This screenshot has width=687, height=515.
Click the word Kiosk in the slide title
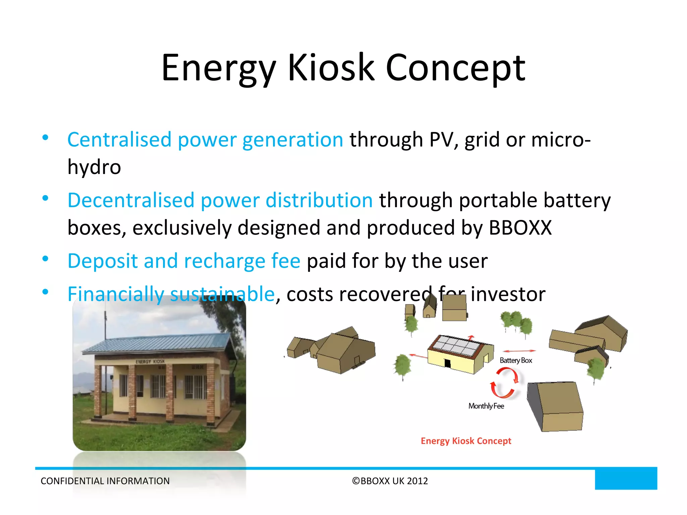pos(331,68)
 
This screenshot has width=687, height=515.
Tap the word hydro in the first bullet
pos(94,167)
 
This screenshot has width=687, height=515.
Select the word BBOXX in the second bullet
pos(520,228)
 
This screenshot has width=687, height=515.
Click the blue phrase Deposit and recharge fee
pos(184,261)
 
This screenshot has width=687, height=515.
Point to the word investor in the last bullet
pos(508,295)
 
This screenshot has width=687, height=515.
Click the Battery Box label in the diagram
pos(516,360)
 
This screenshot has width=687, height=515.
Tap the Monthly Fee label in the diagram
pos(486,406)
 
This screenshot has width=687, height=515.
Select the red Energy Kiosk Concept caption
pos(466,441)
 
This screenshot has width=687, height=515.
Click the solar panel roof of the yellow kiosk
pos(457,346)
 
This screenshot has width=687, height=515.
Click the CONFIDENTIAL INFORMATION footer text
pos(105,481)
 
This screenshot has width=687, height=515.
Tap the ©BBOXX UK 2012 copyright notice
pos(390,481)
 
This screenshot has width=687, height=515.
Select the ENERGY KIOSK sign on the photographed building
pos(150,361)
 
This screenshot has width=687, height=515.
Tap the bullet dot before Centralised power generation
pos(45,137)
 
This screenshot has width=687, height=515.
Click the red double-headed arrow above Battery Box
pos(519,351)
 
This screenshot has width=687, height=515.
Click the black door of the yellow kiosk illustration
pos(447,363)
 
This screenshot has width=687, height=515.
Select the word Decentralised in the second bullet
pos(131,201)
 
